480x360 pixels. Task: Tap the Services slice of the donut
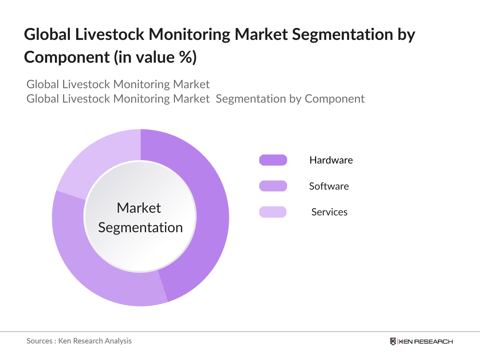click(x=99, y=159)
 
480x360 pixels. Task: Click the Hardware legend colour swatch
click(x=273, y=160)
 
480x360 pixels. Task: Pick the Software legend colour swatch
click(x=273, y=186)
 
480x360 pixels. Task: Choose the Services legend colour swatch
click(x=273, y=212)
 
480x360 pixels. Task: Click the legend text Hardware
click(x=331, y=160)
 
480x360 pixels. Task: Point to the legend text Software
click(x=329, y=186)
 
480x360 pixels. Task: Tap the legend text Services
click(x=329, y=212)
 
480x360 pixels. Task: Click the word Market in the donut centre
click(x=139, y=208)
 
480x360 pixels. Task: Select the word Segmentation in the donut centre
click(x=140, y=227)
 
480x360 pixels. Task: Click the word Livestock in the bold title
click(x=109, y=34)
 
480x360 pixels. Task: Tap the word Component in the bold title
click(x=67, y=57)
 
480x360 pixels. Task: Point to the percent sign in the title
click(x=185, y=57)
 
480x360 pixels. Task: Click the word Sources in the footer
click(x=39, y=341)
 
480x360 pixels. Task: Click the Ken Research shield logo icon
click(x=393, y=341)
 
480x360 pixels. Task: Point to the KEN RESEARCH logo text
click(x=426, y=341)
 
